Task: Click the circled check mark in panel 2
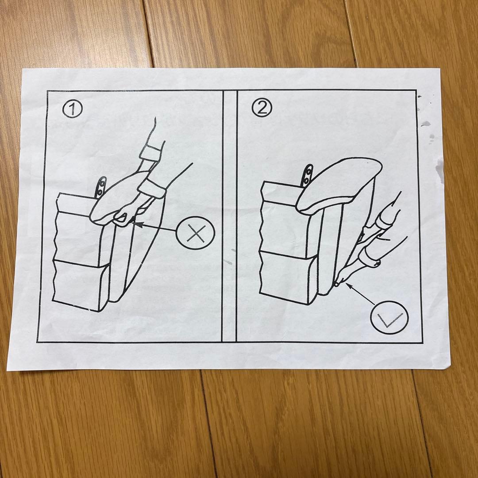click(389, 317)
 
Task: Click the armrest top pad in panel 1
click(117, 197)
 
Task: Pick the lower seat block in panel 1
click(80, 283)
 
